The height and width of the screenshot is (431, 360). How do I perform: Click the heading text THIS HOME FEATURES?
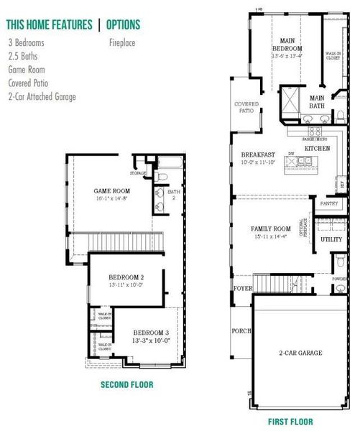pyautogui.click(x=49, y=24)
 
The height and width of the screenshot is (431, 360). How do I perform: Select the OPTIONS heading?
pyautogui.click(x=123, y=24)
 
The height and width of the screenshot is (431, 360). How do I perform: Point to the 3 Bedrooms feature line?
pyautogui.click(x=26, y=43)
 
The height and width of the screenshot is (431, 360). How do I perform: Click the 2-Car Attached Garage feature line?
pyautogui.click(x=42, y=97)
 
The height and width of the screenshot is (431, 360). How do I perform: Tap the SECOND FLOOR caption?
pyautogui.click(x=127, y=384)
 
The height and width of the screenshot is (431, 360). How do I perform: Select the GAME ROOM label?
pyautogui.click(x=111, y=190)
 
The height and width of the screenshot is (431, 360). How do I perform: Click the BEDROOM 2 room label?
pyautogui.click(x=126, y=277)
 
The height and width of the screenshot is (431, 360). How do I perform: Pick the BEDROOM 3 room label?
pyautogui.click(x=152, y=333)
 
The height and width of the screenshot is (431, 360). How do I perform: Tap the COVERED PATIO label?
pyautogui.click(x=246, y=108)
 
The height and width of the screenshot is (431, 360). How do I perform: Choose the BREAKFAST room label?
pyautogui.click(x=258, y=154)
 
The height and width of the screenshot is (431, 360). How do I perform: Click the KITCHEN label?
pyautogui.click(x=317, y=147)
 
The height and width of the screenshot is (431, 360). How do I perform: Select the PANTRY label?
pyautogui.click(x=329, y=203)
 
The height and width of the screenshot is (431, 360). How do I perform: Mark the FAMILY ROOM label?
pyautogui.click(x=270, y=228)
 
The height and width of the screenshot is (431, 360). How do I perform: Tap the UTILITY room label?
pyautogui.click(x=331, y=239)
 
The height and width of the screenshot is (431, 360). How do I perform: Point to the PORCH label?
pyautogui.click(x=241, y=331)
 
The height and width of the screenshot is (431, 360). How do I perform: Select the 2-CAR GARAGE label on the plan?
pyautogui.click(x=300, y=352)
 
